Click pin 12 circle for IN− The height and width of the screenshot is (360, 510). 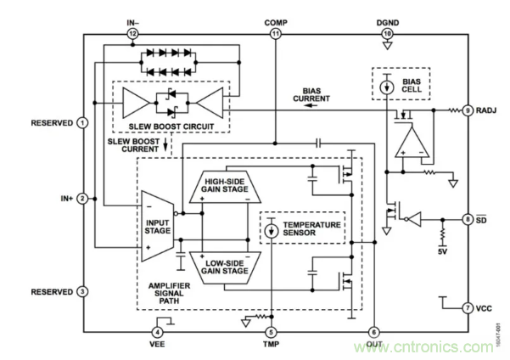(x=132, y=33)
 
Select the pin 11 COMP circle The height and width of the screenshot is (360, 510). (x=276, y=33)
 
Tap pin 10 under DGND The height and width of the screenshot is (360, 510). (x=387, y=33)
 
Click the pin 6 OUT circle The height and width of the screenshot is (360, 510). (x=373, y=332)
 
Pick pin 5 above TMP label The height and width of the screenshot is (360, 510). (x=271, y=332)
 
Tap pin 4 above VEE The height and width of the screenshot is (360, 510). (x=158, y=332)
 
